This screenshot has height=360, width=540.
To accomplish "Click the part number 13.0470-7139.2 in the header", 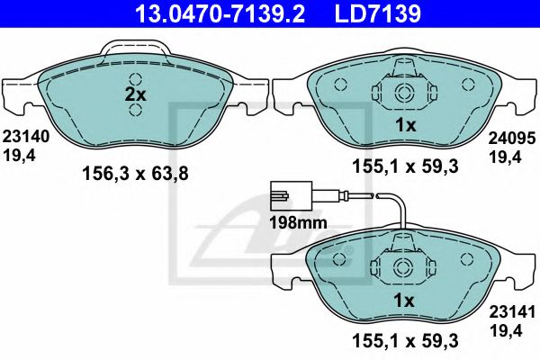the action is tap(220, 13).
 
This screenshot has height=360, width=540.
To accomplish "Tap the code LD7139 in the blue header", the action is tap(378, 13).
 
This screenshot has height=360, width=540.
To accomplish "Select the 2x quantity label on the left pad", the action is tap(135, 94).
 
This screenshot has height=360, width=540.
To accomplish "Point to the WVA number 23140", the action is tap(26, 137).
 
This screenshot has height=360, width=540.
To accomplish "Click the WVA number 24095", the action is tap(512, 139).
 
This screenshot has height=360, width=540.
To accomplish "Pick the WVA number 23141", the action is tap(512, 312).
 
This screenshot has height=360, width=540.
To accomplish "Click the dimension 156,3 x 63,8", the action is tap(135, 174).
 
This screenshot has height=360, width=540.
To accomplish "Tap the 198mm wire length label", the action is tap(298, 223).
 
